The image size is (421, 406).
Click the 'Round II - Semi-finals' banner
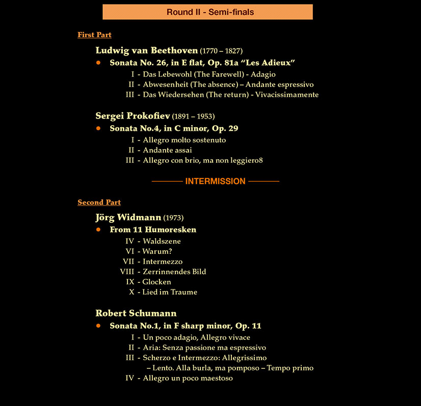[x=207, y=12]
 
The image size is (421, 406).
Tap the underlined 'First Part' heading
[x=94, y=35]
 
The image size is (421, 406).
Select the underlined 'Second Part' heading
[x=99, y=202]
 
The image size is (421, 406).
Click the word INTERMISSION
[x=215, y=181]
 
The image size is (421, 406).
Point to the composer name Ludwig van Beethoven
[x=146, y=50]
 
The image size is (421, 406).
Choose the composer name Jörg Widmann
[x=128, y=218]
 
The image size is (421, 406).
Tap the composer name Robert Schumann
[x=136, y=313]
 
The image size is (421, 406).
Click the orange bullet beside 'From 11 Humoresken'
[x=98, y=229]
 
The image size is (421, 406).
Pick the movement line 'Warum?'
[x=157, y=251]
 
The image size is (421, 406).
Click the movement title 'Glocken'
[x=157, y=282]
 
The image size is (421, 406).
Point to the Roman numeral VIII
[x=127, y=272]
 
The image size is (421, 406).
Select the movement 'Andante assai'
[x=167, y=150]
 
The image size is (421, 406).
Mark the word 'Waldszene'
[x=162, y=241]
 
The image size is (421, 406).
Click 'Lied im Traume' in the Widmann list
[x=170, y=292]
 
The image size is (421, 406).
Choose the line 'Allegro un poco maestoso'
[x=188, y=378]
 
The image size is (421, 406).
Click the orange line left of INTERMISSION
[x=167, y=181]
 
